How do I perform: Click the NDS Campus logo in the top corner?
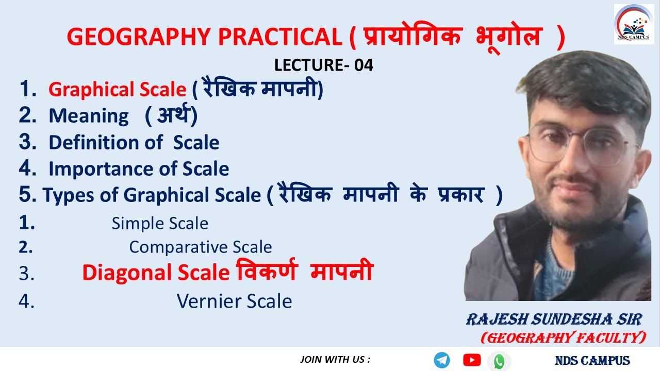[633, 24]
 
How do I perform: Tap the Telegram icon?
[442, 360]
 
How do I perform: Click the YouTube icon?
[472, 360]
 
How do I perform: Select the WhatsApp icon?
[499, 361]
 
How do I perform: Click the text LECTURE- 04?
[324, 65]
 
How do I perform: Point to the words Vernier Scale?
[234, 301]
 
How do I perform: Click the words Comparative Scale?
[200, 247]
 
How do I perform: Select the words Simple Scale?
[160, 223]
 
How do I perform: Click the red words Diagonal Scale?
[155, 273]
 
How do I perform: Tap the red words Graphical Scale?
[117, 90]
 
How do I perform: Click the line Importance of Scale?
[139, 168]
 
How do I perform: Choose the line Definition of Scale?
[134, 142]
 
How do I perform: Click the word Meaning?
[89, 116]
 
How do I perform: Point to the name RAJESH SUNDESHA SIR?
[554, 320]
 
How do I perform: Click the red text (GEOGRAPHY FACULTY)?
[563, 338]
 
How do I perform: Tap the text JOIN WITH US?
[335, 360]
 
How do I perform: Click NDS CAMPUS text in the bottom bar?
[592, 361]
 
